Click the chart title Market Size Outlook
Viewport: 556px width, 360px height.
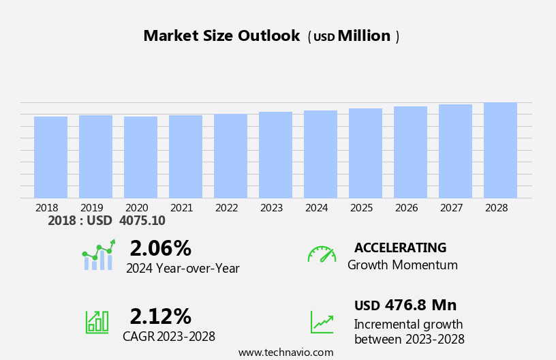[221, 36]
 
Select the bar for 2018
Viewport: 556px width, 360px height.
[50, 157]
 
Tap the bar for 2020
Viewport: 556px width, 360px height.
[140, 157]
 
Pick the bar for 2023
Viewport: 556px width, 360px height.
[275, 155]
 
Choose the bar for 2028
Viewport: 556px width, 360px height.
[500, 151]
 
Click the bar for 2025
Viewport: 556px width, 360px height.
[365, 153]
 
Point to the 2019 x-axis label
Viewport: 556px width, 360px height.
[92, 208]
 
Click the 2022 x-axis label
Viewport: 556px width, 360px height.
[227, 208]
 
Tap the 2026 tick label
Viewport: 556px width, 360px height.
[407, 208]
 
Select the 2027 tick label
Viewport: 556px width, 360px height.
[452, 208]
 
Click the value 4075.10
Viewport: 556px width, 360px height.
[142, 221]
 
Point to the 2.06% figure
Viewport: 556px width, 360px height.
[160, 248]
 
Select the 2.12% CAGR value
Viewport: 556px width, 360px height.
[160, 316]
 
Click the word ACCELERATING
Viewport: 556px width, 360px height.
[400, 248]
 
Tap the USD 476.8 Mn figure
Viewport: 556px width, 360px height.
[405, 305]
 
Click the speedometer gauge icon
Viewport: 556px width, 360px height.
[322, 254]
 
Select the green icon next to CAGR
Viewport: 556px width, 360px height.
[97, 321]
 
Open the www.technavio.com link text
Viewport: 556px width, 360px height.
[285, 352]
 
